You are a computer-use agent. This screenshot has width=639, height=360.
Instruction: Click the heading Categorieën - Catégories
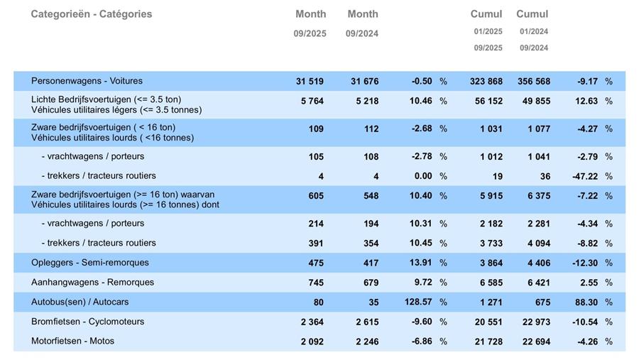tap(91, 14)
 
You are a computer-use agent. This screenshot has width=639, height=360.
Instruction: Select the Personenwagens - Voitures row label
tap(87, 81)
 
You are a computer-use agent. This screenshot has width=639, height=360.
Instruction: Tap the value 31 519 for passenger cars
tap(310, 82)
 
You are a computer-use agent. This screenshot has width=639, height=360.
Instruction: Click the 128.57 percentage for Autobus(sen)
tap(418, 302)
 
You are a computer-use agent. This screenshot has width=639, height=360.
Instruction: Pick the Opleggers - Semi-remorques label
tap(90, 263)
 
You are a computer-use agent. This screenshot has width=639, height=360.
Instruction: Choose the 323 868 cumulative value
tap(486, 82)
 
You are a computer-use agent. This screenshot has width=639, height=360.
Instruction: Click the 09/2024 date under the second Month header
tap(362, 34)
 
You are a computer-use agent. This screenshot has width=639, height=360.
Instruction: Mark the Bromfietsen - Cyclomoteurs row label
tap(87, 322)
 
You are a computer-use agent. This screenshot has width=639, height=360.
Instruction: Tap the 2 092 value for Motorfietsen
tap(312, 342)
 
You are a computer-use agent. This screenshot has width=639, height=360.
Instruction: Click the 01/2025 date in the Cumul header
tap(488, 31)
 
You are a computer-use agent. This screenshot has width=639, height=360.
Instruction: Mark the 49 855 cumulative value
tap(534, 102)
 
